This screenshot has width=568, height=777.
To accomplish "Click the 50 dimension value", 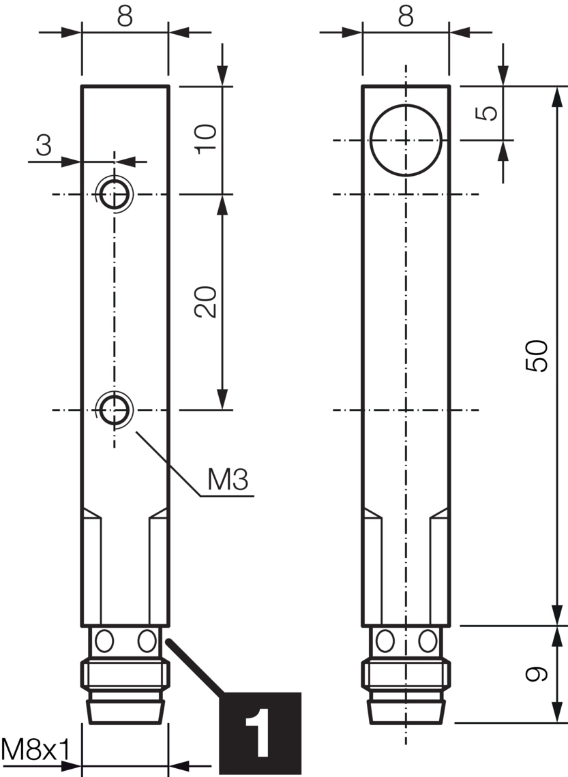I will coord(539,355).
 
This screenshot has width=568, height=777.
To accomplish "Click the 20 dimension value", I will coord(206,302).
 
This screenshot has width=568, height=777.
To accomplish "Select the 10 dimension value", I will coord(206,139).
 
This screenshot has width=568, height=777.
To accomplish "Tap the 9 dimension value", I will coord(538,675).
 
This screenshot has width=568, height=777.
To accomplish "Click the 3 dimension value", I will coord(44,146).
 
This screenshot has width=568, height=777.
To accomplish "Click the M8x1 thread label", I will coord(35,750).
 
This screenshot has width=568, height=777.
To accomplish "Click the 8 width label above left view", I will coord(124,16).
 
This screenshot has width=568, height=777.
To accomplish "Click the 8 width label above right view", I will coord(406,16).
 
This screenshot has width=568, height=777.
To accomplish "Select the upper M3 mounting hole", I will coord(114,194).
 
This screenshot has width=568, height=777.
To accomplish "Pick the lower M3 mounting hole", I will coord(114,410).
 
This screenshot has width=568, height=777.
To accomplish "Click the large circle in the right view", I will coord(406,140).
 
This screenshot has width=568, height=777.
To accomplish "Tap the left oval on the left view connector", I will coord(104,641).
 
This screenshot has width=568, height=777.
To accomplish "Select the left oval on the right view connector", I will coord(385,641).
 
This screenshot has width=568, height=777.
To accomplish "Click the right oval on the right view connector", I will coord(428,641).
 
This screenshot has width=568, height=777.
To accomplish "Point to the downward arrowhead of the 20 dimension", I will coord(222,399).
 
